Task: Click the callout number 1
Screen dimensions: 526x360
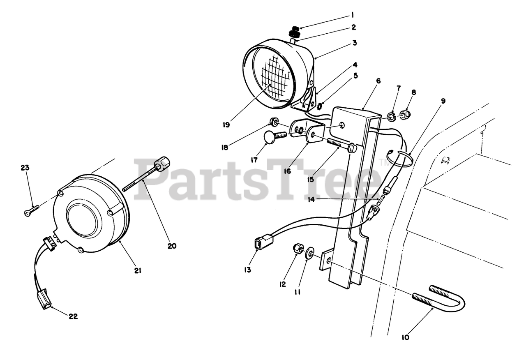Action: (x=352, y=16)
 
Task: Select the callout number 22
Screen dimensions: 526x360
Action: (x=73, y=316)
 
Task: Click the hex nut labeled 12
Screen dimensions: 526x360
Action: (x=297, y=249)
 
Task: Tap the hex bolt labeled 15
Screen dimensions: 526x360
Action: (x=341, y=145)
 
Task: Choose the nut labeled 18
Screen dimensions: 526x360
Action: (x=272, y=121)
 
